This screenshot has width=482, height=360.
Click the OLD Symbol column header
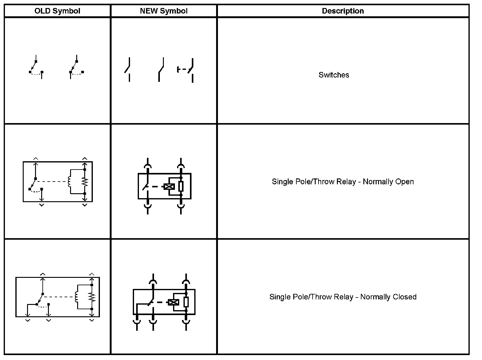pyautogui.click(x=57, y=11)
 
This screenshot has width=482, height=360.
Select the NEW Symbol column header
pyautogui.click(x=164, y=11)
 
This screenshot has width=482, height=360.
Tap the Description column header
pyautogui.click(x=343, y=11)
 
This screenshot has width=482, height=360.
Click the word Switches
pyautogui.click(x=334, y=75)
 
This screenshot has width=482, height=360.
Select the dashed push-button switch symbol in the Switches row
pyautogui.click(x=186, y=70)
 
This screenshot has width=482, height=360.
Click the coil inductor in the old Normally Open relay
pyautogui.click(x=69, y=182)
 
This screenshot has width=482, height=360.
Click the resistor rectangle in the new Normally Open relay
pyautogui.click(x=181, y=186)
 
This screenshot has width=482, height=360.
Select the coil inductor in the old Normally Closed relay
pyautogui.click(x=76, y=297)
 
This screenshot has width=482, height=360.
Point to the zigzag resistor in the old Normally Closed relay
pyautogui.click(x=92, y=297)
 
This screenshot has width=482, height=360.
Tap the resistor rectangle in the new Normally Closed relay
pyautogui.click(x=186, y=302)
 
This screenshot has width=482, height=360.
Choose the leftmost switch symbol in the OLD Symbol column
pyautogui.click(x=36, y=68)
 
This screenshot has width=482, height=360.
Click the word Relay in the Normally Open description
pyautogui.click(x=345, y=182)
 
